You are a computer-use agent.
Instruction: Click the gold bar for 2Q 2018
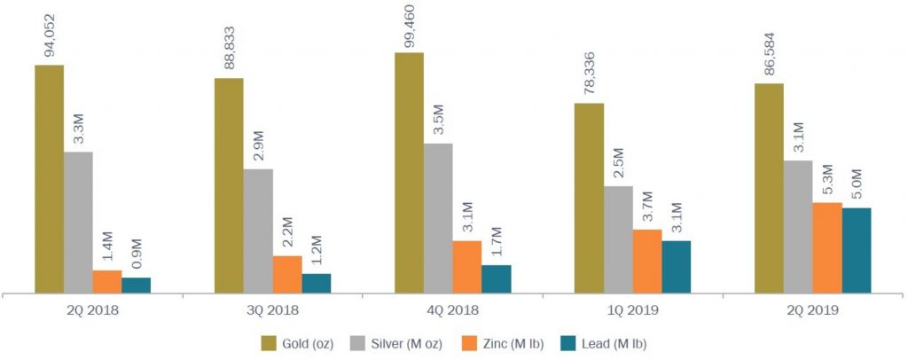coord(49,177)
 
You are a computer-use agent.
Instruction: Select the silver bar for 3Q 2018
coord(258,230)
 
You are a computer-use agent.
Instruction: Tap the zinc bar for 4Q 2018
coord(466,266)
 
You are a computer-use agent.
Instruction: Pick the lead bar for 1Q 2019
coord(676,266)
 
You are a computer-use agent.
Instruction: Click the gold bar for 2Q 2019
coord(769,187)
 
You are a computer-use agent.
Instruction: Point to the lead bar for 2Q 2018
coord(136,285)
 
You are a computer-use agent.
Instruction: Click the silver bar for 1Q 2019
coord(618,239)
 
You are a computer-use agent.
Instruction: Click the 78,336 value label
coord(590,74)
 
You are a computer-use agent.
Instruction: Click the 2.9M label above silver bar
coord(259,145)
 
